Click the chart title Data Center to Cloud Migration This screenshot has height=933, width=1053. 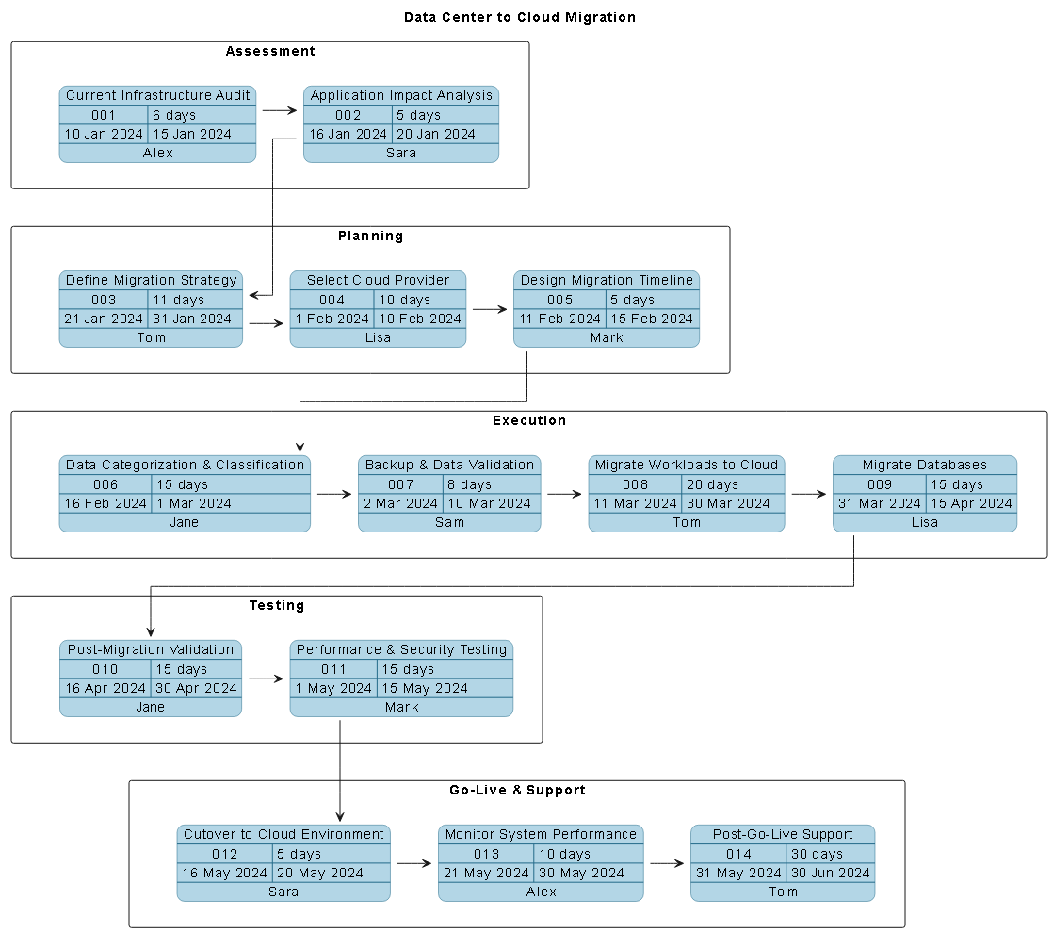[520, 17]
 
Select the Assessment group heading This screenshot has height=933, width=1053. [270, 51]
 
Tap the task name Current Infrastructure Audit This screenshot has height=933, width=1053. [158, 95]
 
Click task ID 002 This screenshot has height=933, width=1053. [348, 115]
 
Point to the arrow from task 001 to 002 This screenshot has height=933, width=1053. [279, 110]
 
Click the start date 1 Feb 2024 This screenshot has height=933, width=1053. [332, 319]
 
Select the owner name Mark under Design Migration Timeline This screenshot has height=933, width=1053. [607, 337]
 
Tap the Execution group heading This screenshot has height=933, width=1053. [529, 420]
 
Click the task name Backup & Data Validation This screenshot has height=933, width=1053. [449, 465]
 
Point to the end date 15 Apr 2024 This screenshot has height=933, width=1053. [971, 503]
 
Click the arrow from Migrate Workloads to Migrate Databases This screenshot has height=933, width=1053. [807, 493]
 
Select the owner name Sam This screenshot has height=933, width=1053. [449, 522]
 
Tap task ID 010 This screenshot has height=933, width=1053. [105, 669]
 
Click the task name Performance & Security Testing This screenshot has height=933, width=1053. [401, 649]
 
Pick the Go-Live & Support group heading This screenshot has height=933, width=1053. [517, 790]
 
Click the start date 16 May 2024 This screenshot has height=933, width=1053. [225, 873]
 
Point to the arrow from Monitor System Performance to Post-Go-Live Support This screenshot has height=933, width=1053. [667, 862]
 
